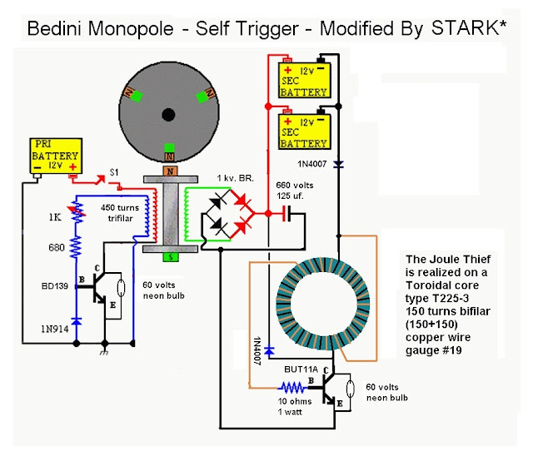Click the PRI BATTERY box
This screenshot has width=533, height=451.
pos(56,156)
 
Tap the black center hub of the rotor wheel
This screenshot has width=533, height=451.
pos(168,115)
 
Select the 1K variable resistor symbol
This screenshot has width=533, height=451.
pos(77,212)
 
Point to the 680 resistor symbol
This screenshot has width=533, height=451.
pos(76,247)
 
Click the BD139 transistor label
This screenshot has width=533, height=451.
pos(55,286)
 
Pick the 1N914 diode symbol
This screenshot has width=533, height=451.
pos(77,321)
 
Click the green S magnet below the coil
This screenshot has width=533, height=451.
pos(171,257)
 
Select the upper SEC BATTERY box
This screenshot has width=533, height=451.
pos(304,80)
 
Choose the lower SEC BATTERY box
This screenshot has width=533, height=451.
pos(304,131)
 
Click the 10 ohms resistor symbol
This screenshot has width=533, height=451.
pos(292,387)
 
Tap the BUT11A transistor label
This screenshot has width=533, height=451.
pos(301,369)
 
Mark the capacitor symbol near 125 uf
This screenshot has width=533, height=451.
pos(287,214)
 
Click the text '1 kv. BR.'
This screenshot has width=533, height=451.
pos(236,178)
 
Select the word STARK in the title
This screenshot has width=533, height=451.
pos(465,28)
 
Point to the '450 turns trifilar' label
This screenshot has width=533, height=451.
pos(120,213)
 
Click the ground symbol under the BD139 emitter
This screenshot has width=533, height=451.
pos(104,352)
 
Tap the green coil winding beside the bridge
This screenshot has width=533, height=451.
pos(187,214)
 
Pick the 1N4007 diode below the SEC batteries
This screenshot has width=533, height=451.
pos(339,165)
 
